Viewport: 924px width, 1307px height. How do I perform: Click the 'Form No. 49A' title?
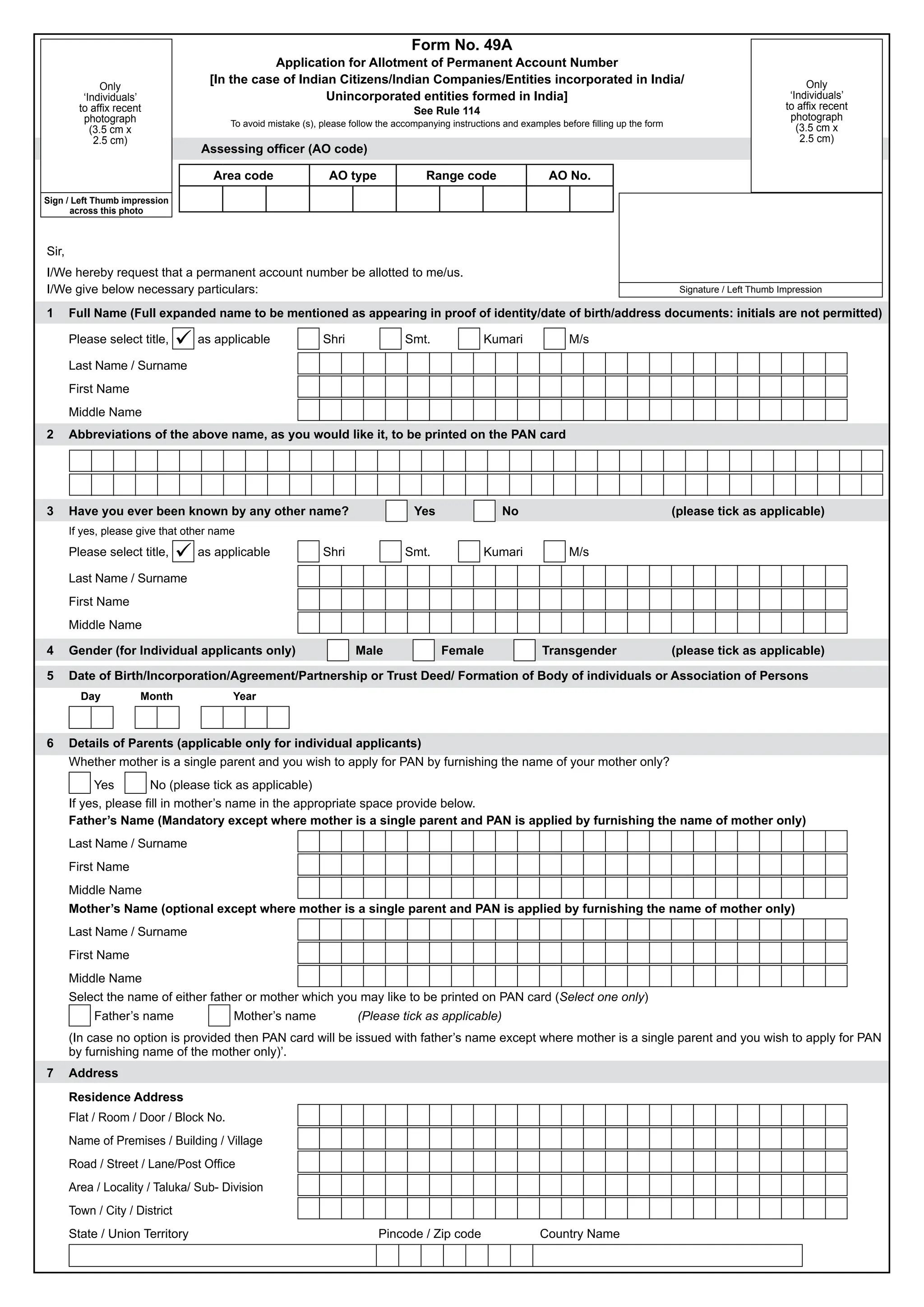pos(462,45)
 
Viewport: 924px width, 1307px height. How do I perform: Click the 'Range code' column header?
pos(461,175)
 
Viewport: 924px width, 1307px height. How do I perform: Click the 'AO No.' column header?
pos(569,175)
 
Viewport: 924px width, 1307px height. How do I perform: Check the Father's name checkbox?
pos(80,1015)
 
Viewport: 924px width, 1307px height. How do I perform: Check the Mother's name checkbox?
pos(219,1015)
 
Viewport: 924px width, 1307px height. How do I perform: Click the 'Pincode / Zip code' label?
pos(430,1233)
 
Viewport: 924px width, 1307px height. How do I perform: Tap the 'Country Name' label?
pos(579,1233)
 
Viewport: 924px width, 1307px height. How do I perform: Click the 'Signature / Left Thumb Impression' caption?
pos(750,290)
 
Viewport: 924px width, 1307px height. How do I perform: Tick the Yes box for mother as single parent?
pos(80,783)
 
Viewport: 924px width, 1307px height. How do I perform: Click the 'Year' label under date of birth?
pos(244,696)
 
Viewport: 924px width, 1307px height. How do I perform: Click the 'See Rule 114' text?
pos(447,111)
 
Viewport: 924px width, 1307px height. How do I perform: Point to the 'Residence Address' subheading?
pos(126,1097)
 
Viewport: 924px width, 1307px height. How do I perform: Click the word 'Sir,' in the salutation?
pos(55,251)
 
